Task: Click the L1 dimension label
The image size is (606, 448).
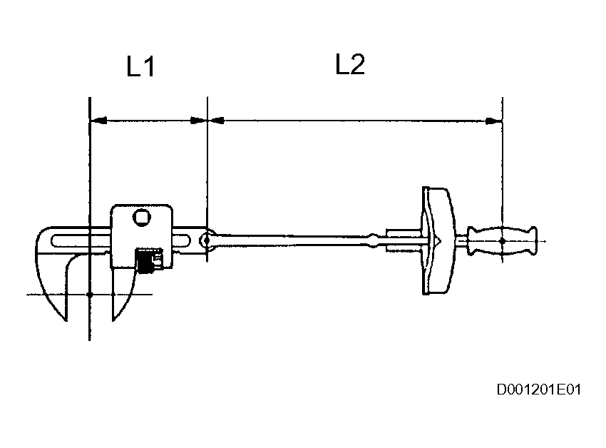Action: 140,68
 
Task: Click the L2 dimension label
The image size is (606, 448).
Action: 350,65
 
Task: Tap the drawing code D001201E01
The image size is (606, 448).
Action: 540,390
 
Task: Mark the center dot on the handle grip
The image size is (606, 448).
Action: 502,241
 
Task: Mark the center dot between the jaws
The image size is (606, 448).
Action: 89,294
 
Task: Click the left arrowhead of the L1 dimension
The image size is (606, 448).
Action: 98,121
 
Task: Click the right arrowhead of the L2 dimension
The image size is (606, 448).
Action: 494,121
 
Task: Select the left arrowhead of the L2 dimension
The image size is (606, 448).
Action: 215,121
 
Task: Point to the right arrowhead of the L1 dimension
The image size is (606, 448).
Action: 199,121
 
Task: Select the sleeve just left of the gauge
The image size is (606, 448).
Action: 404,240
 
